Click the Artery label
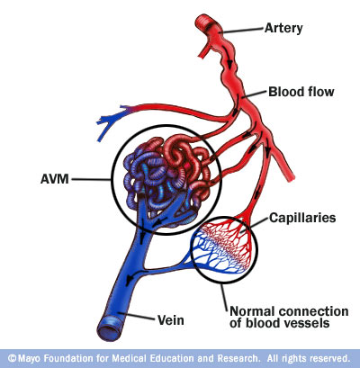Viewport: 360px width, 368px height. [x=283, y=28]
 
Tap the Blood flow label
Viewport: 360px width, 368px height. [x=301, y=92]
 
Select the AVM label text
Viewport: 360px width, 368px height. [x=55, y=179]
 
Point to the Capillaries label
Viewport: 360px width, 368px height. [x=302, y=218]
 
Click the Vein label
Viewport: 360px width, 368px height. [x=171, y=320]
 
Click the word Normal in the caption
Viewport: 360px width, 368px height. [x=253, y=311]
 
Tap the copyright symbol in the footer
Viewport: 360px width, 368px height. [x=12, y=358]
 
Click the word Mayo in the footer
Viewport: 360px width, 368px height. [x=30, y=358]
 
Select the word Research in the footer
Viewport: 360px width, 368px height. [x=238, y=358]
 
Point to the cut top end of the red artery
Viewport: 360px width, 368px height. [x=205, y=24]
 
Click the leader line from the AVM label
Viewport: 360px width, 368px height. [x=91, y=179]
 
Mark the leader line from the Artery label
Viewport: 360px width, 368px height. [x=242, y=31]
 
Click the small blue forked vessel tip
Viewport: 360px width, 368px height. [x=107, y=124]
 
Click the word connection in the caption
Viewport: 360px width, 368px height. [x=314, y=311]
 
